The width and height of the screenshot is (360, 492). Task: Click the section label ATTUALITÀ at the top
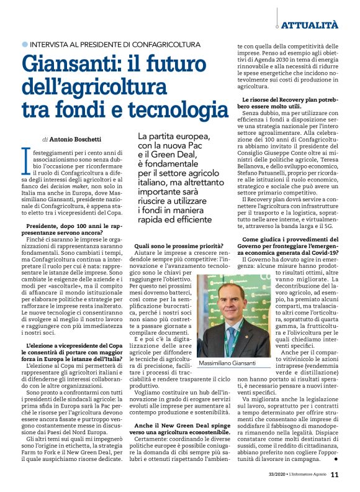pos(310,25)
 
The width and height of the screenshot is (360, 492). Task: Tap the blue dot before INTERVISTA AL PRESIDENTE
pos(24,45)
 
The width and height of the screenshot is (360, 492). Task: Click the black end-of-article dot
pos(336,460)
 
